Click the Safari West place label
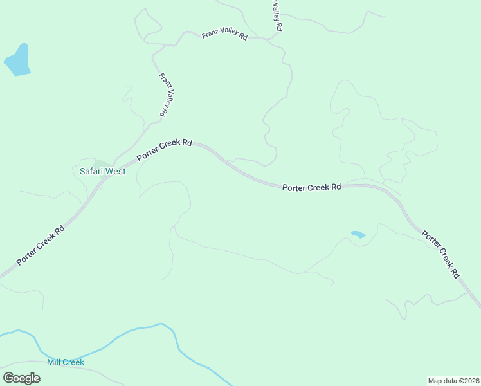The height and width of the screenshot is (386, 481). click(x=102, y=172)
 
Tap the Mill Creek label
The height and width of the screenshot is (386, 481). click(x=66, y=362)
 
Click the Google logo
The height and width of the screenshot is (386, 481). click(x=21, y=378)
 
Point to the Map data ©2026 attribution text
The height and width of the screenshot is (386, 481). click(x=453, y=380)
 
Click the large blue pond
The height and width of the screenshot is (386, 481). click(x=17, y=61)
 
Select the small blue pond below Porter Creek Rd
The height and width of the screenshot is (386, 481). click(x=358, y=234)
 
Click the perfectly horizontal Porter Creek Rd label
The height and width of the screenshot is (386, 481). click(x=312, y=187)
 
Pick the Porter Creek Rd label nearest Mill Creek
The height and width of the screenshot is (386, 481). click(x=41, y=245)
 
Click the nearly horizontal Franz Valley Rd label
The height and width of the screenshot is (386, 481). click(x=224, y=34)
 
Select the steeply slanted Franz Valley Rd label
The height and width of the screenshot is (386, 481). click(x=165, y=95)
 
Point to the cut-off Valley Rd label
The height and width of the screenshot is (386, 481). click(x=277, y=16)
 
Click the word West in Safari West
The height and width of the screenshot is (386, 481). click(x=116, y=172)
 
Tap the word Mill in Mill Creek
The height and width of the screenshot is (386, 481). click(x=54, y=362)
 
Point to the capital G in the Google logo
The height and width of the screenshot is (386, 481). click(x=8, y=378)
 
